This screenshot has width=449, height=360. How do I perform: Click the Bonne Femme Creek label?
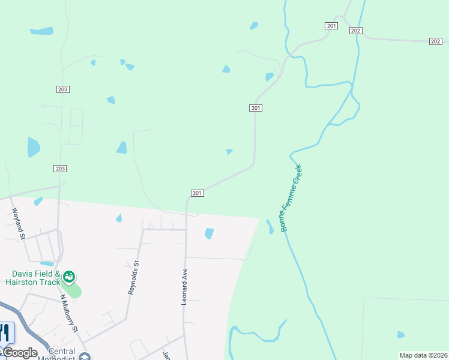(290, 199)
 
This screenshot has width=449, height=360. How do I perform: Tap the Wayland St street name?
(18, 223)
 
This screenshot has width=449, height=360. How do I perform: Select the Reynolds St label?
(133, 277)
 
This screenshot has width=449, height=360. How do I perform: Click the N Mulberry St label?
(68, 313)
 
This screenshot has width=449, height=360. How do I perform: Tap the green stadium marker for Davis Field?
(70, 277)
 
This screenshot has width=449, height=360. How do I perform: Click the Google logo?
(19, 353)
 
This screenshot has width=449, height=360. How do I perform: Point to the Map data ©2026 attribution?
(423, 355)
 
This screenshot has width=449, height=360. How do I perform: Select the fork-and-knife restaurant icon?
(6, 332)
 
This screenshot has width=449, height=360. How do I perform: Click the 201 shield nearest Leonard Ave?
(197, 193)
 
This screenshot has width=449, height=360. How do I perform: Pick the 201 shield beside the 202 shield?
(331, 26)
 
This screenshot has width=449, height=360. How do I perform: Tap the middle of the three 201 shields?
(256, 107)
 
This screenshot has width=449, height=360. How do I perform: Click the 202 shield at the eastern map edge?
(436, 41)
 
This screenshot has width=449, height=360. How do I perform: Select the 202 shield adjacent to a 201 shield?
(355, 31)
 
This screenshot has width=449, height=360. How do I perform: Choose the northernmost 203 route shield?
(63, 89)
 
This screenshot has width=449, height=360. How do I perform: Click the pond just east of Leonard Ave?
(209, 233)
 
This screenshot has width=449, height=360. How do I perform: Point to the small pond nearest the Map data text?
(400, 335)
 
